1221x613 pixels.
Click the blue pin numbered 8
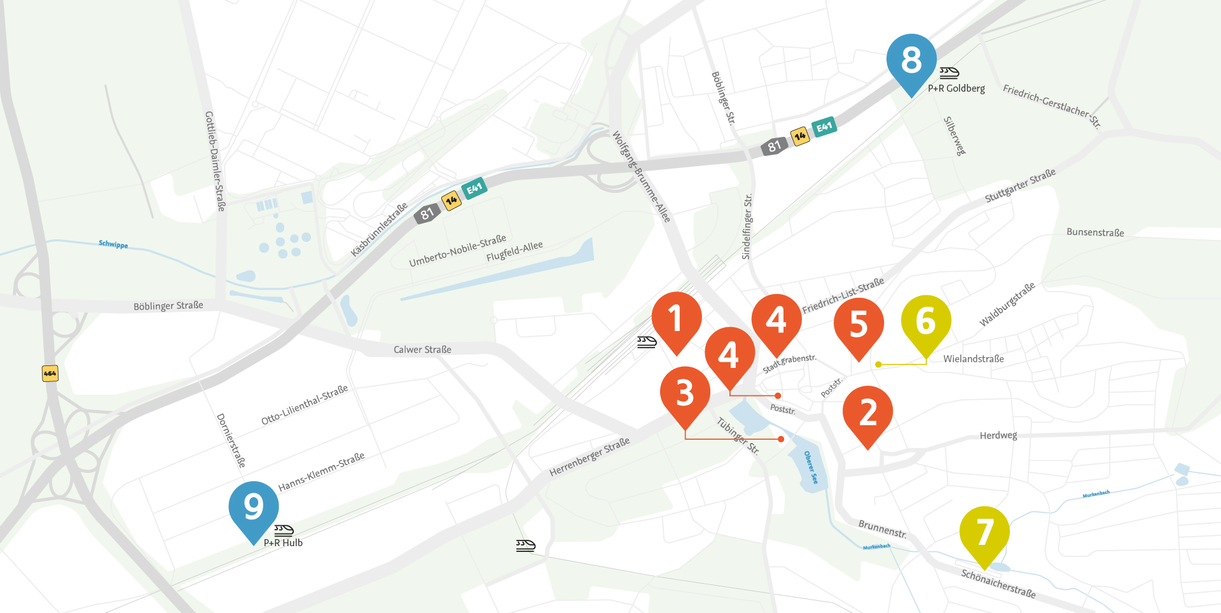click(x=911, y=60)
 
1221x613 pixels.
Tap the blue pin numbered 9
click(x=254, y=507)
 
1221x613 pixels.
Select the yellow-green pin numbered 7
click(x=984, y=532)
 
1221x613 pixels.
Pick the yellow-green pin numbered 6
click(x=926, y=321)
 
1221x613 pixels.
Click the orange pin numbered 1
click(x=677, y=318)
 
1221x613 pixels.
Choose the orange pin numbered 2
click(x=868, y=412)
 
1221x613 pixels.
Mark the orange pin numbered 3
click(x=685, y=392)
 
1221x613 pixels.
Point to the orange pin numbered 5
click(x=859, y=324)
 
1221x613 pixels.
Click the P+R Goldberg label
click(x=956, y=88)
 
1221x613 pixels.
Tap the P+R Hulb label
click(x=283, y=543)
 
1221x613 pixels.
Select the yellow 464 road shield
click(x=50, y=373)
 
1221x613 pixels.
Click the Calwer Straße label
click(x=422, y=349)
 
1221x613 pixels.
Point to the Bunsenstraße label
click(x=1095, y=232)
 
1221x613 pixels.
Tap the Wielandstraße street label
click(x=974, y=359)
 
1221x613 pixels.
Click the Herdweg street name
click(x=998, y=435)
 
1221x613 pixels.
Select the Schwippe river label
click(x=113, y=244)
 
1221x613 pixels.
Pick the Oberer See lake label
click(x=811, y=467)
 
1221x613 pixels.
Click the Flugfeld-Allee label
click(x=514, y=251)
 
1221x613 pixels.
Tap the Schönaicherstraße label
click(x=998, y=584)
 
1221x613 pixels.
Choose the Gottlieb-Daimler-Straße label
click(x=215, y=161)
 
